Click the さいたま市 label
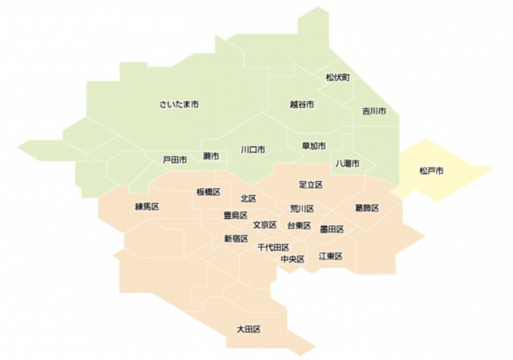(x=179, y=104)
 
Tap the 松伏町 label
(x=337, y=77)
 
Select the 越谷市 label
(x=301, y=104)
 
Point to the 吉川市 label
(x=374, y=111)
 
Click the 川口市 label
(x=253, y=149)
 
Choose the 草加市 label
(x=313, y=146)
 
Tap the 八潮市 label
(x=347, y=163)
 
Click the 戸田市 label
(x=175, y=160)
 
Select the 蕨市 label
(x=210, y=156)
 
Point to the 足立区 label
(x=310, y=184)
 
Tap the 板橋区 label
(x=208, y=192)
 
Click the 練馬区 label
(x=147, y=206)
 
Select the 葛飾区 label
(x=366, y=208)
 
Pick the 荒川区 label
(x=301, y=208)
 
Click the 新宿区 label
(x=236, y=238)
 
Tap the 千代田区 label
(x=273, y=248)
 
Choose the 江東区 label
(x=330, y=256)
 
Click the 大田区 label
(x=248, y=329)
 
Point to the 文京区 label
(x=265, y=225)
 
